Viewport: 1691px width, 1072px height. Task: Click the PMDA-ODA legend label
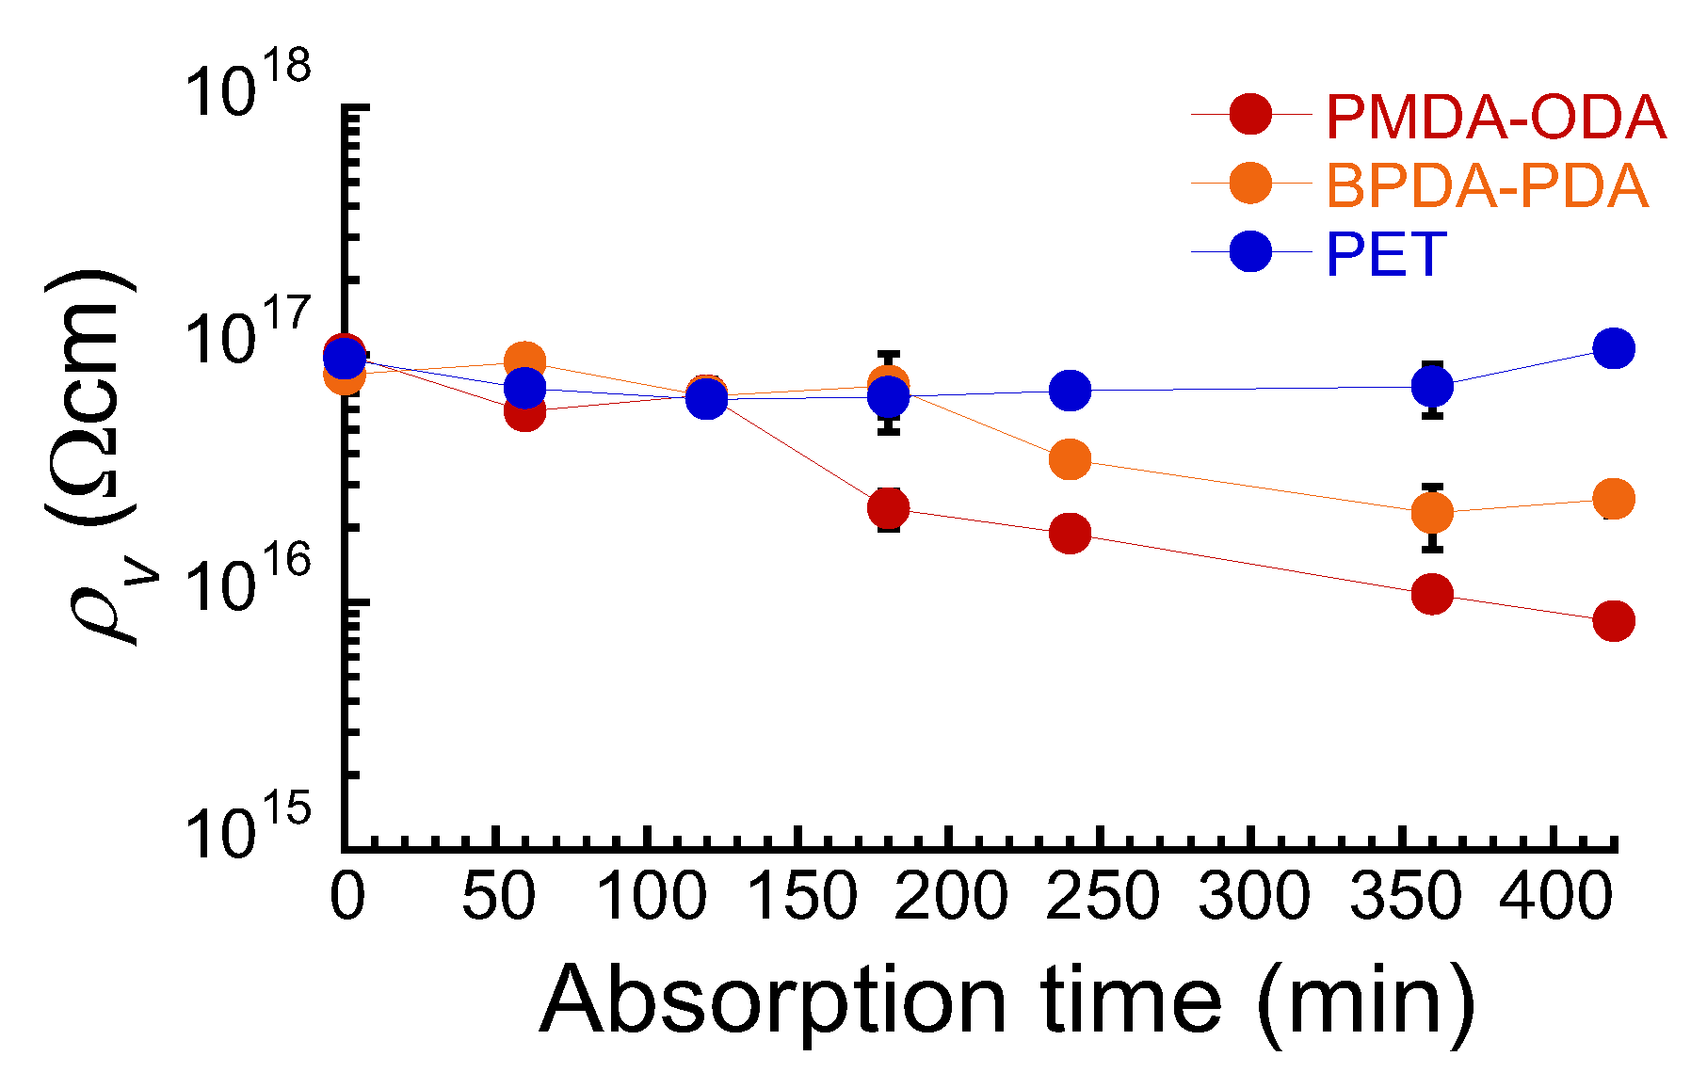point(1495,117)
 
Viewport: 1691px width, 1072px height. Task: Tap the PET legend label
point(1385,254)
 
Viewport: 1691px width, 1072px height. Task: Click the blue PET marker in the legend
point(1250,251)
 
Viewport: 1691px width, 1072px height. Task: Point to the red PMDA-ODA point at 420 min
point(1613,621)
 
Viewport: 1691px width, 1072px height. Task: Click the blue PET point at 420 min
point(1613,349)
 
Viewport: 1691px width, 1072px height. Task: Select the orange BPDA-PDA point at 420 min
point(1613,499)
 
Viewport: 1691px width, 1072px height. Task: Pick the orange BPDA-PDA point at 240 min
point(1070,459)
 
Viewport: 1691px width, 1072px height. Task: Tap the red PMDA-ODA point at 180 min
point(889,509)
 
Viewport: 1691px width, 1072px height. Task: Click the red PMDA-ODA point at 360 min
point(1432,594)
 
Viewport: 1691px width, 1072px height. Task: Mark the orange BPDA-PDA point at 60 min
point(525,361)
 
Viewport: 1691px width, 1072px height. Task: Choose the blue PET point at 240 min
point(1070,390)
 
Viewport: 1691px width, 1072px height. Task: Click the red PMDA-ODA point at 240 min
point(1070,534)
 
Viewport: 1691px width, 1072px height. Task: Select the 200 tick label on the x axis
point(951,896)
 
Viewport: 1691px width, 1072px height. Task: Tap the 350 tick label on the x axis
point(1405,896)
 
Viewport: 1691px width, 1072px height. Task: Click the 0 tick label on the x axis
point(347,896)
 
